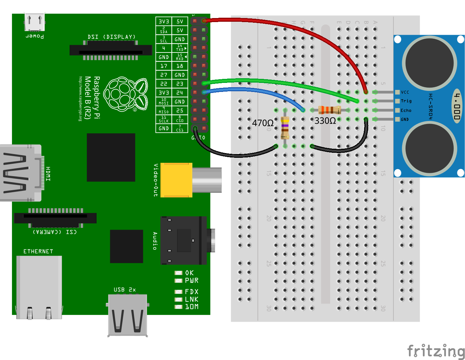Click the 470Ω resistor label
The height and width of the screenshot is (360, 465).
coord(263,123)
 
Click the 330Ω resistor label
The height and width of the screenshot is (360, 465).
coord(325,121)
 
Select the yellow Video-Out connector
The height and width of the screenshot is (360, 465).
coord(176,180)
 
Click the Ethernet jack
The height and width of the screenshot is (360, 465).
coord(39,287)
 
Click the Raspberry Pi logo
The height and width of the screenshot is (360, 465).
coord(126,94)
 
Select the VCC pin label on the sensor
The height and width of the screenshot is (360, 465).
coord(405,92)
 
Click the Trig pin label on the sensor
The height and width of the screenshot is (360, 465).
coord(406,101)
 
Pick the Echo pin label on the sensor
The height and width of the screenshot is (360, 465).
coord(406,110)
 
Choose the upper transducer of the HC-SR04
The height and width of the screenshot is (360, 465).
coord(430,63)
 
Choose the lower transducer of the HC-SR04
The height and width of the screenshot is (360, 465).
coord(430,148)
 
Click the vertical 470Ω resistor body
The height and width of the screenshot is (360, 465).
coord(285,128)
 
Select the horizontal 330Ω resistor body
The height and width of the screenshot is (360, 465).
coord(329,110)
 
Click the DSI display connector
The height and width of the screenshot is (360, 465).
coord(111,50)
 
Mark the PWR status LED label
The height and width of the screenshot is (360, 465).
coord(192,281)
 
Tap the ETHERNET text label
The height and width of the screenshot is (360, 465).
coord(38,251)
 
